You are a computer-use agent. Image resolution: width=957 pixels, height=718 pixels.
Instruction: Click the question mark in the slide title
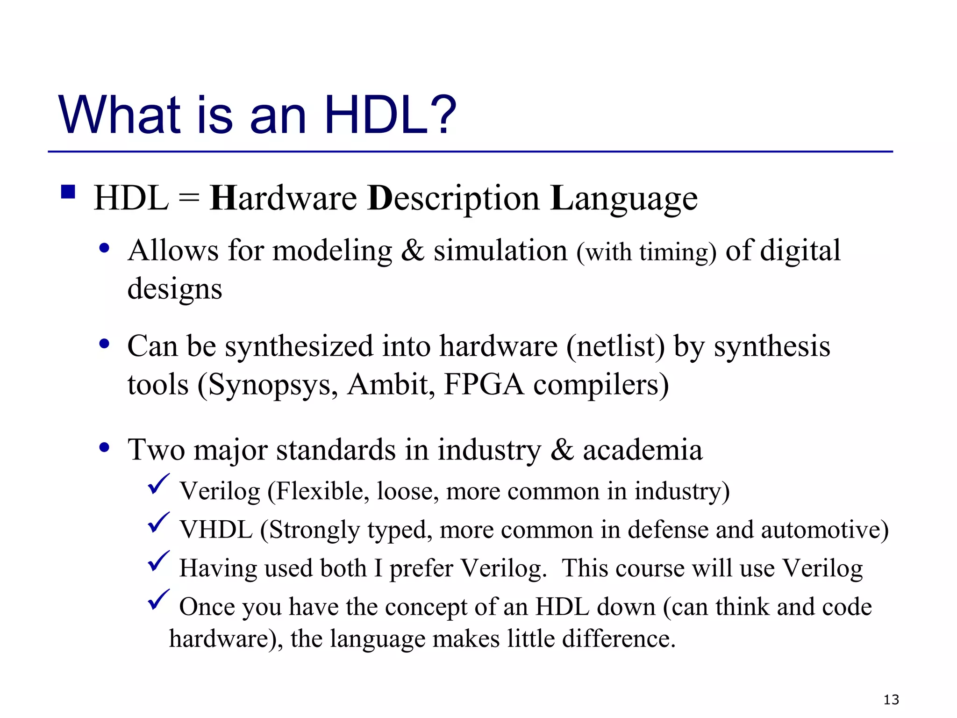(441, 115)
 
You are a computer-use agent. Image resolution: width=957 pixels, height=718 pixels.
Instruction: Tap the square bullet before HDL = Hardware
(68, 192)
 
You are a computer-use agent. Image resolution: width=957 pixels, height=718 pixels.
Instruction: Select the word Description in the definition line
(453, 199)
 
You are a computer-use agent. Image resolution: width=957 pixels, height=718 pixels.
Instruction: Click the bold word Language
(624, 199)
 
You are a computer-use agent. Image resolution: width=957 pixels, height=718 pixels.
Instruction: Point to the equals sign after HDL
(189, 199)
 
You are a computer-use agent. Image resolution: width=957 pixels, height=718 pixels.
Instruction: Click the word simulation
(500, 251)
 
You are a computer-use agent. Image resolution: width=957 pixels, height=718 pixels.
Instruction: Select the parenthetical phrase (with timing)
(646, 252)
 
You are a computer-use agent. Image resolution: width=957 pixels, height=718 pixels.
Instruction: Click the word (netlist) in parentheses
(615, 347)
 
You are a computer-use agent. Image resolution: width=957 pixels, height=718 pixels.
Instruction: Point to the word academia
(643, 450)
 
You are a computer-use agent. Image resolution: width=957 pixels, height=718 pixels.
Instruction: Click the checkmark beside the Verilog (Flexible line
(158, 484)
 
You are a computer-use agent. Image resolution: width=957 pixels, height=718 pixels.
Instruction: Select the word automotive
(824, 530)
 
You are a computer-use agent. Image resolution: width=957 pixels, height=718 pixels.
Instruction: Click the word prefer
(421, 569)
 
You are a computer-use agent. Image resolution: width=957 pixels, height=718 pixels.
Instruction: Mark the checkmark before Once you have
(158, 600)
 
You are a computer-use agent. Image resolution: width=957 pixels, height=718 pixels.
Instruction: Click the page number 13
(891, 700)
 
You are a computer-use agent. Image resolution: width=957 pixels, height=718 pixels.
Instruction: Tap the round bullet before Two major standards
(104, 447)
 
